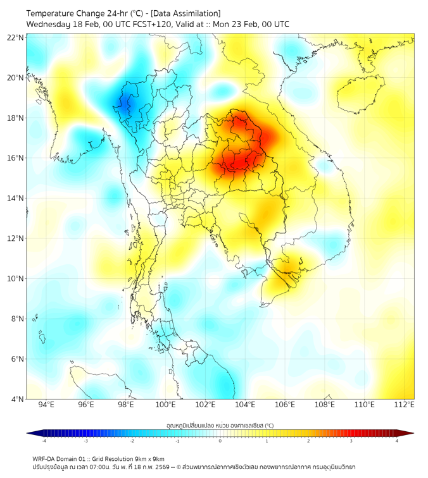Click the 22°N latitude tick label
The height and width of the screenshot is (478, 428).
point(16,37)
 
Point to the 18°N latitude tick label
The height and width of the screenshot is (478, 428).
point(16,118)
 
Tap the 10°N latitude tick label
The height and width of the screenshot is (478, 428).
point(16,278)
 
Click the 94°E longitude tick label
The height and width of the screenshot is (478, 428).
point(46,405)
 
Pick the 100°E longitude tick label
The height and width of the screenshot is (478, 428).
point(166,405)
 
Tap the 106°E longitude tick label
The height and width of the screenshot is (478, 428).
point(285,405)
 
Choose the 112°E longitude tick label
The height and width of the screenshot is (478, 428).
point(404,405)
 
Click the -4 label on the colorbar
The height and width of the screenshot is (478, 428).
point(44,441)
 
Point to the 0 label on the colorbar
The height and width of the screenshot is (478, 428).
point(220,441)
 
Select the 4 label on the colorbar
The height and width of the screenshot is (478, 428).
point(397,441)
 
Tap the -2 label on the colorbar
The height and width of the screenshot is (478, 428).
point(132,441)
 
